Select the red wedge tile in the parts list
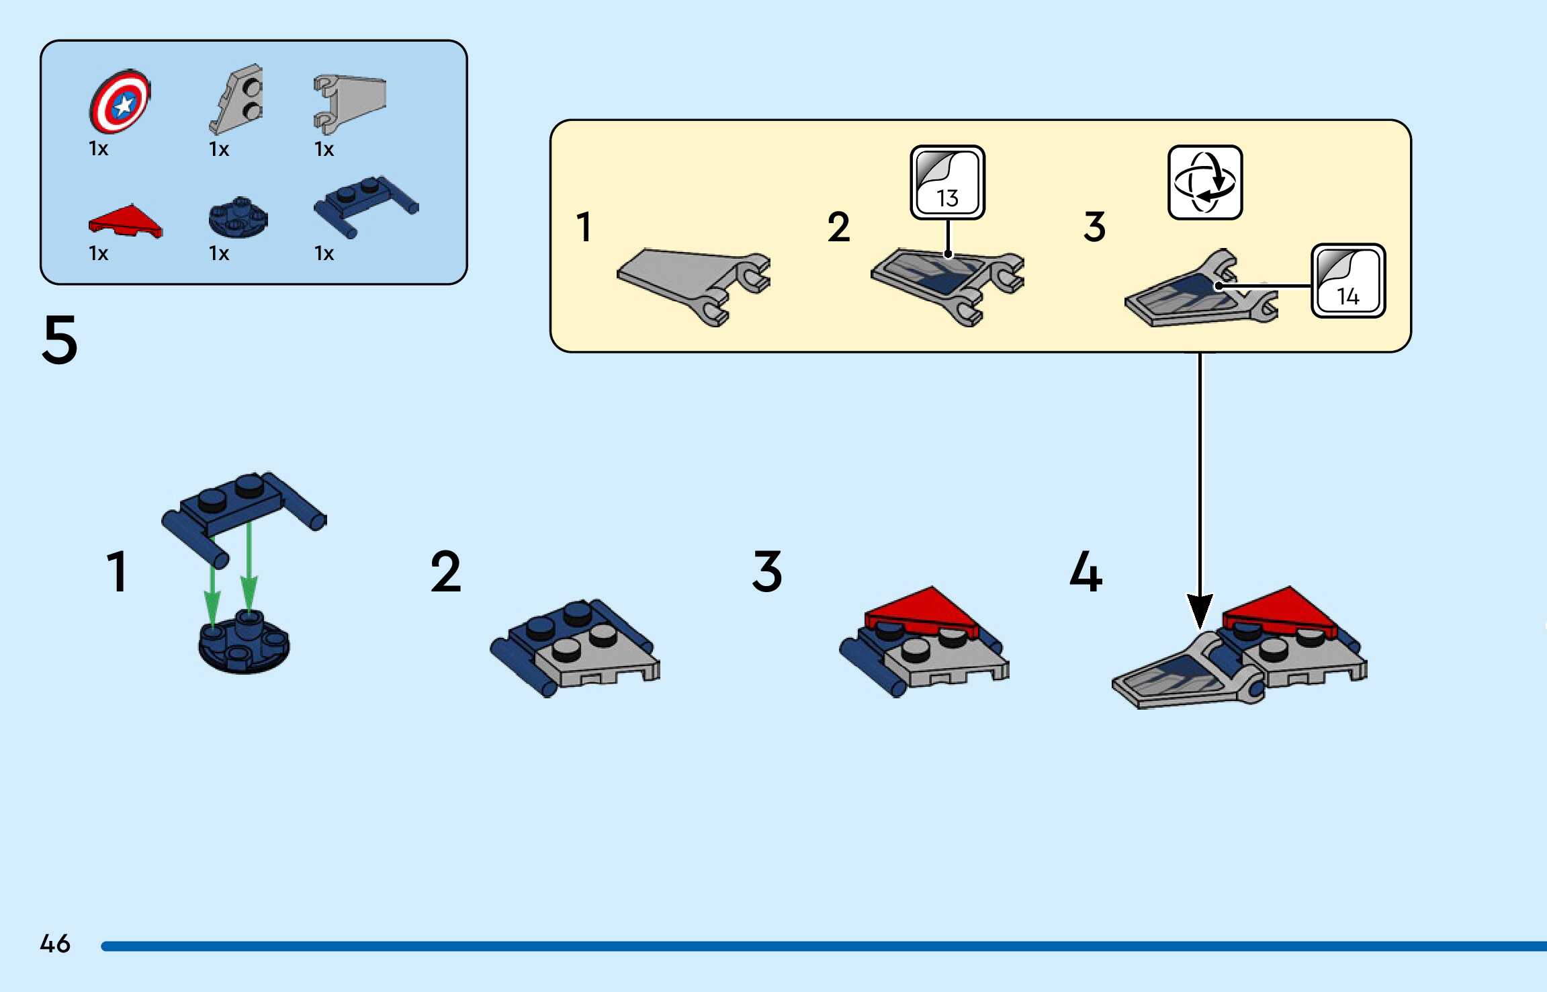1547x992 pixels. point(125,221)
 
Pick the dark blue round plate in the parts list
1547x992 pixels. point(238,218)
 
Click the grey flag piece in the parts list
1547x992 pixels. point(349,102)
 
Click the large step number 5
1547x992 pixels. point(60,340)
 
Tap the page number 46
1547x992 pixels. point(55,944)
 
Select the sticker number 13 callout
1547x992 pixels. point(947,183)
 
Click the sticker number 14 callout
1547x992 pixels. point(1347,281)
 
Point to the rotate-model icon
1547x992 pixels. point(1205,182)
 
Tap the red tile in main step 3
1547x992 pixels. point(924,610)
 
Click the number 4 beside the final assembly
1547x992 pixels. point(1086,572)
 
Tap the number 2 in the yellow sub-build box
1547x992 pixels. point(838,227)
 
